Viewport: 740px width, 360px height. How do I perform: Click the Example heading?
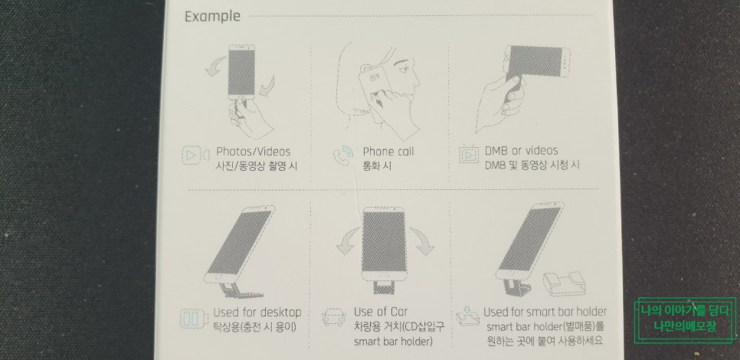point(212,17)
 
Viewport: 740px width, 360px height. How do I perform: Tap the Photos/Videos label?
point(253,152)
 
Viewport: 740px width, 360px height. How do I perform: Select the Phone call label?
point(388,152)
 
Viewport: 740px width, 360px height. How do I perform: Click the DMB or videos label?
point(521,151)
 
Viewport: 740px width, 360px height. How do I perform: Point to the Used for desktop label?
point(257,313)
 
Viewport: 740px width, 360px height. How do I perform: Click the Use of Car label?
point(381,312)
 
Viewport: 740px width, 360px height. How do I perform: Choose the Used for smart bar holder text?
point(545,312)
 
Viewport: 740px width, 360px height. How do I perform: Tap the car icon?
point(334,317)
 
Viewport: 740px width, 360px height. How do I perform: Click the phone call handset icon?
point(343,155)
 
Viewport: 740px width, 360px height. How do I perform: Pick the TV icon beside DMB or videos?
point(469,154)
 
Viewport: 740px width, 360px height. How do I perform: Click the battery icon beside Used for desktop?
point(193,319)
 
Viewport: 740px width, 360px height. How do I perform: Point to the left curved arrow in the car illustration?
point(349,241)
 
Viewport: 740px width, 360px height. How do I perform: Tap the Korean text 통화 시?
point(377,166)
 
